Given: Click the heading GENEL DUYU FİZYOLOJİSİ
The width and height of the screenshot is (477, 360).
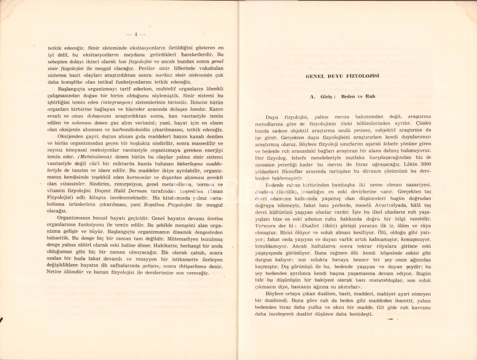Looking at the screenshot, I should [342, 76].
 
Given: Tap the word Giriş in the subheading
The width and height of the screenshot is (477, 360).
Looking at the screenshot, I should [324, 96].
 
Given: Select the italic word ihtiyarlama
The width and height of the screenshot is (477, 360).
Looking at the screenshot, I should [191, 266].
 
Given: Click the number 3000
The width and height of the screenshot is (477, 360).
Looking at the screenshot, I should [424, 164].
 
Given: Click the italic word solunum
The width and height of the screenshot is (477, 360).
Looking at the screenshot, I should [82, 123].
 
